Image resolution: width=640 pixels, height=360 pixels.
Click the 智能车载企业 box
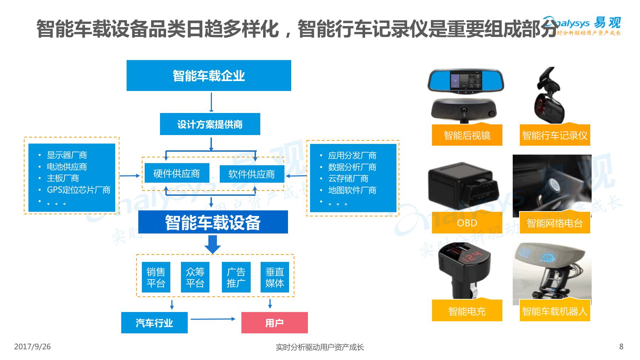pos(209,75)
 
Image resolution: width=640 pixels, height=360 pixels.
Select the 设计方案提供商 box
pos(210,124)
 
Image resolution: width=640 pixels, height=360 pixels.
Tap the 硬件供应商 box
pos(177,173)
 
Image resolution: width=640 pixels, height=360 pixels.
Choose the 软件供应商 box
pos(252,174)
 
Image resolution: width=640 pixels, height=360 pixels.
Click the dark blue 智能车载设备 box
pos(213,222)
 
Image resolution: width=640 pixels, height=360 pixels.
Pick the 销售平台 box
pos(156,277)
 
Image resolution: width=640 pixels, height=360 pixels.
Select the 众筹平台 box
pos(195,277)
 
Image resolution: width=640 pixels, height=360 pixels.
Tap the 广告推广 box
pos(236,277)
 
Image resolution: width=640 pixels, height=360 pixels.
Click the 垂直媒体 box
pos(274,277)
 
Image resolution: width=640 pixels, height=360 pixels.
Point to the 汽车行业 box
pos(154,323)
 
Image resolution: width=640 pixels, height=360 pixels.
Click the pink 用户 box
pos(274,323)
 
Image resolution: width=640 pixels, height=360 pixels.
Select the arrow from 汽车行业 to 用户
pos(213,319)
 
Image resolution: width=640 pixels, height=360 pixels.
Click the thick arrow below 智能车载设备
pos(213,244)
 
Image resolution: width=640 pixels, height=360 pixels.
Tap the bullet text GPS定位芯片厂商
pos(79,190)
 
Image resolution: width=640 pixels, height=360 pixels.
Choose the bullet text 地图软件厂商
pos(352,190)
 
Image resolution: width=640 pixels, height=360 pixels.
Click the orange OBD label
pos(467,223)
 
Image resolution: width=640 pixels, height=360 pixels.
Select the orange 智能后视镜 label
pos(467,135)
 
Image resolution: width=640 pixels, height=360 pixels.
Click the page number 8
pos(621,346)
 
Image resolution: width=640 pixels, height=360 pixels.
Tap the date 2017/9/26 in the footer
pos(32,346)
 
